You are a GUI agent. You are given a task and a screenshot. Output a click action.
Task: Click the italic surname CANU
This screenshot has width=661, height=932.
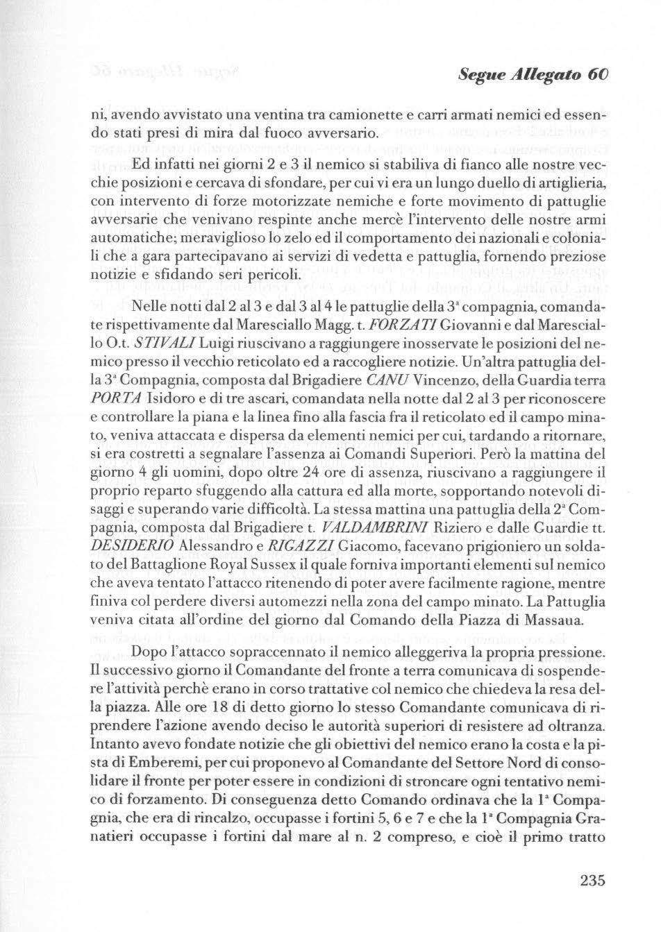[385, 382]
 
